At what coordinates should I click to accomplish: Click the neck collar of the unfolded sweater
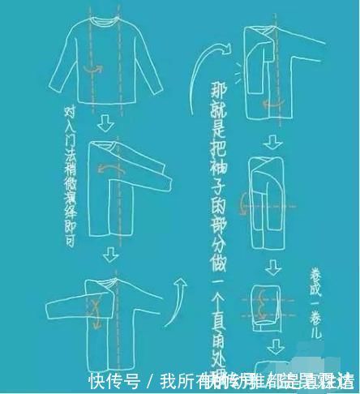point(102,19)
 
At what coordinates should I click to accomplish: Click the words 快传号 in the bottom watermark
point(114,380)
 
